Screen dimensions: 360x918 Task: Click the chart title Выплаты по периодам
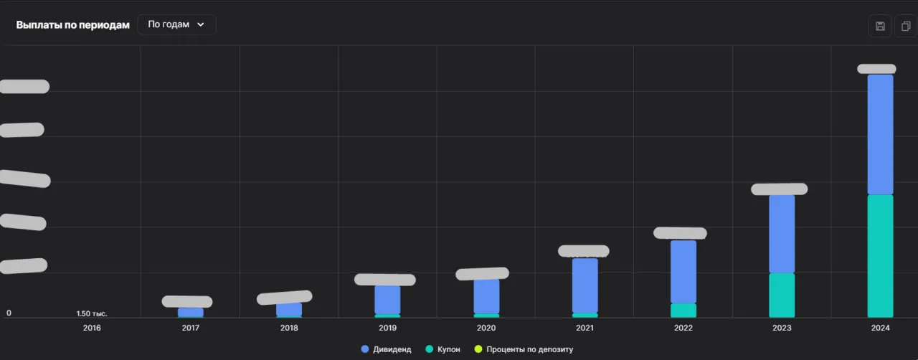pyautogui.click(x=72, y=25)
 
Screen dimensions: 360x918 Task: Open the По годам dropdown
pyautogui.click(x=176, y=24)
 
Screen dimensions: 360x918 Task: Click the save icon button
pyautogui.click(x=880, y=27)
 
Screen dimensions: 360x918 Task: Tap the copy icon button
pyautogui.click(x=906, y=27)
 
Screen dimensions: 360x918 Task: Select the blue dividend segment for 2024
pyautogui.click(x=880, y=135)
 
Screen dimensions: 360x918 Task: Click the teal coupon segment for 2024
pyautogui.click(x=880, y=256)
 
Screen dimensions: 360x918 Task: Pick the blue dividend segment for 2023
pyautogui.click(x=782, y=234)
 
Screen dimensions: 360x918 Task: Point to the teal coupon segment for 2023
pyautogui.click(x=782, y=295)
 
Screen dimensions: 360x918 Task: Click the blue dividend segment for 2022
pyautogui.click(x=683, y=271)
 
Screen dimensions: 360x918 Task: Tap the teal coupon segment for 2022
pyautogui.click(x=683, y=311)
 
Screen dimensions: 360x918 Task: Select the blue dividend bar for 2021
pyautogui.click(x=585, y=285)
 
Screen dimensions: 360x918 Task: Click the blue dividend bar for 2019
pyautogui.click(x=387, y=299)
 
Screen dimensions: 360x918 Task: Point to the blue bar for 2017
pyautogui.click(x=191, y=313)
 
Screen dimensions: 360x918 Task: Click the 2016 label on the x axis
pyautogui.click(x=92, y=328)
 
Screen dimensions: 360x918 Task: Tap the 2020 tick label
pyautogui.click(x=486, y=328)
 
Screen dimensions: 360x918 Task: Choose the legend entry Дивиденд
pyautogui.click(x=387, y=349)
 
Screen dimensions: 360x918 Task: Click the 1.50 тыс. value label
pyautogui.click(x=92, y=313)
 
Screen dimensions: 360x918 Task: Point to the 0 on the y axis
pyautogui.click(x=9, y=313)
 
